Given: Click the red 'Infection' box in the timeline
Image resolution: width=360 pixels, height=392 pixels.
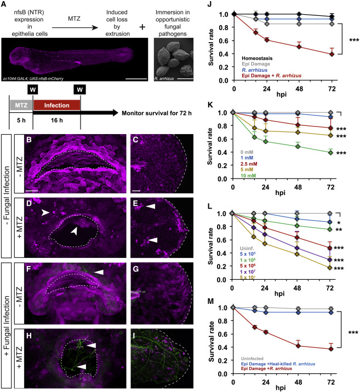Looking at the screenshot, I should [56, 100].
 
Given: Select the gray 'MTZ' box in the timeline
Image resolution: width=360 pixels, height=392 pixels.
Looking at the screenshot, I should [21, 100].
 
